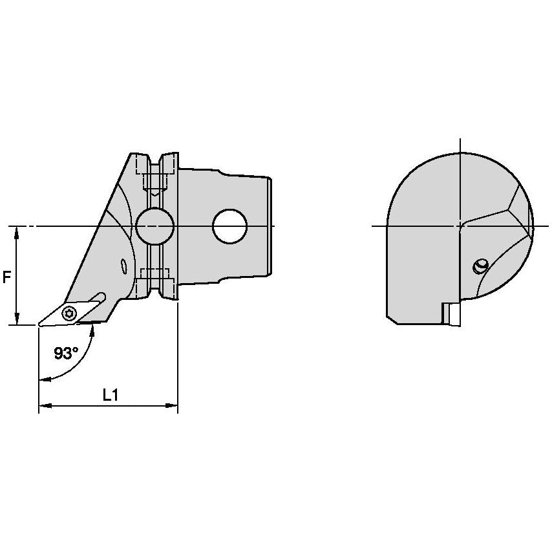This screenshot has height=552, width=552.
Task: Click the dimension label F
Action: [x=6, y=277]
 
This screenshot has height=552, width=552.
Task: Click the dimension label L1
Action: [x=110, y=396]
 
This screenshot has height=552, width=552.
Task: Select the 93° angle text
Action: [x=66, y=353]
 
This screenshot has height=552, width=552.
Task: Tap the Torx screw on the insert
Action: [x=69, y=313]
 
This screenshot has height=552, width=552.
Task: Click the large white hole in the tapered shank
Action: [x=229, y=226]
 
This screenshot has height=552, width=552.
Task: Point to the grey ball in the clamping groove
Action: [x=155, y=226]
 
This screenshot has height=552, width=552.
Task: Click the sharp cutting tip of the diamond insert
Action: [x=39, y=325]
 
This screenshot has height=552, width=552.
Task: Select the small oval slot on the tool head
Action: [x=123, y=266]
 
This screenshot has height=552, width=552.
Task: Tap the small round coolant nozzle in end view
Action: [x=480, y=266]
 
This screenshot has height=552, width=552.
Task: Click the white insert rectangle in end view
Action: [x=454, y=314]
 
